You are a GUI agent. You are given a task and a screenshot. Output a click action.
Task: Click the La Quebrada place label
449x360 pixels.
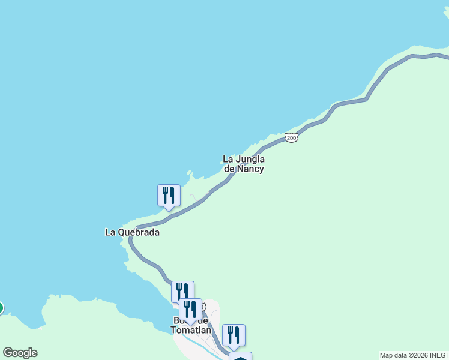pyautogui.click(x=132, y=232)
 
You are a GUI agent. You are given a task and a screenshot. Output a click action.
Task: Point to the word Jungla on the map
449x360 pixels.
pyautogui.click(x=250, y=159)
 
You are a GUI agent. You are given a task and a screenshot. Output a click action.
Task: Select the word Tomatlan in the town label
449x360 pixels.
pyautogui.click(x=190, y=330)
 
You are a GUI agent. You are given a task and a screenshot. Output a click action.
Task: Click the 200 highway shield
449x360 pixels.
pyautogui.click(x=291, y=138)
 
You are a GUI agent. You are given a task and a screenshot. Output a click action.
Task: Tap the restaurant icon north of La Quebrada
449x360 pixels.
pyautogui.click(x=169, y=196)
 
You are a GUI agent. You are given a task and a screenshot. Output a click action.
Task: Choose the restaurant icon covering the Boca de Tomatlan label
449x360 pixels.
pyautogui.click(x=190, y=310)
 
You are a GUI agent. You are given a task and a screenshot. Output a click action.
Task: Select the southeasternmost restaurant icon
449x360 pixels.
pyautogui.click(x=234, y=335)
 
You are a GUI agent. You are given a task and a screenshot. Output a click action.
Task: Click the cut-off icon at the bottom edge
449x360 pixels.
pyautogui.click(x=240, y=356)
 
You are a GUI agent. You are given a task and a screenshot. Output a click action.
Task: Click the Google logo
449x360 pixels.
pyautogui.click(x=20, y=353)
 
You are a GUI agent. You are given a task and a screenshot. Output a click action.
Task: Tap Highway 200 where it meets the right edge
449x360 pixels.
pyautogui.click(x=447, y=58)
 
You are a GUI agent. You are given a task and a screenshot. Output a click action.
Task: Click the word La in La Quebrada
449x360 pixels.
pyautogui.click(x=110, y=232)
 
